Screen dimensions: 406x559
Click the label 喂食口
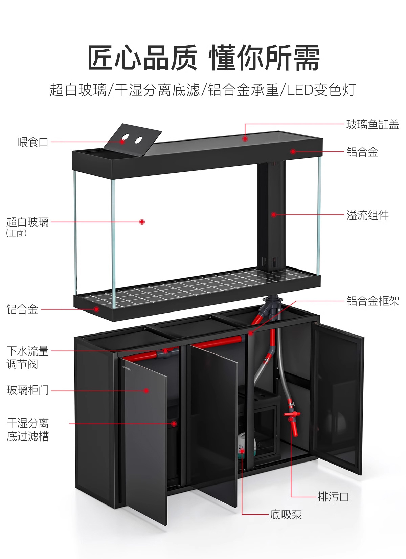pos(33,142)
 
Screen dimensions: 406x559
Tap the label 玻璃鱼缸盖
pos(373,125)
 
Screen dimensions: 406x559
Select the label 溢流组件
pos(367,215)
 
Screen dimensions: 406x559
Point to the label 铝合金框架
pos(373,301)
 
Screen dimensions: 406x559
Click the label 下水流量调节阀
pos(27,358)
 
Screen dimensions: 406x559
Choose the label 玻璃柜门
pos(28,390)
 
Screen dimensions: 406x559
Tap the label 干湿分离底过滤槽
pos(28,430)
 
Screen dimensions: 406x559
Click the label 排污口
pos(333,497)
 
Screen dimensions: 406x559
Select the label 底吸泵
pos(286,515)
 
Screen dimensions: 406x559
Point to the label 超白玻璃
pos(28,222)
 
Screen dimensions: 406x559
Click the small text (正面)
pos(16,233)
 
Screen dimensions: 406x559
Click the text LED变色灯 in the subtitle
pos(321,90)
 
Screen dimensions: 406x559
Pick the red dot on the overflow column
pos(273,214)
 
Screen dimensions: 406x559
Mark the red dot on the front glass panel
pos(142,222)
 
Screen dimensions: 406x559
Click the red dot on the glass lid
pos(245,138)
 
